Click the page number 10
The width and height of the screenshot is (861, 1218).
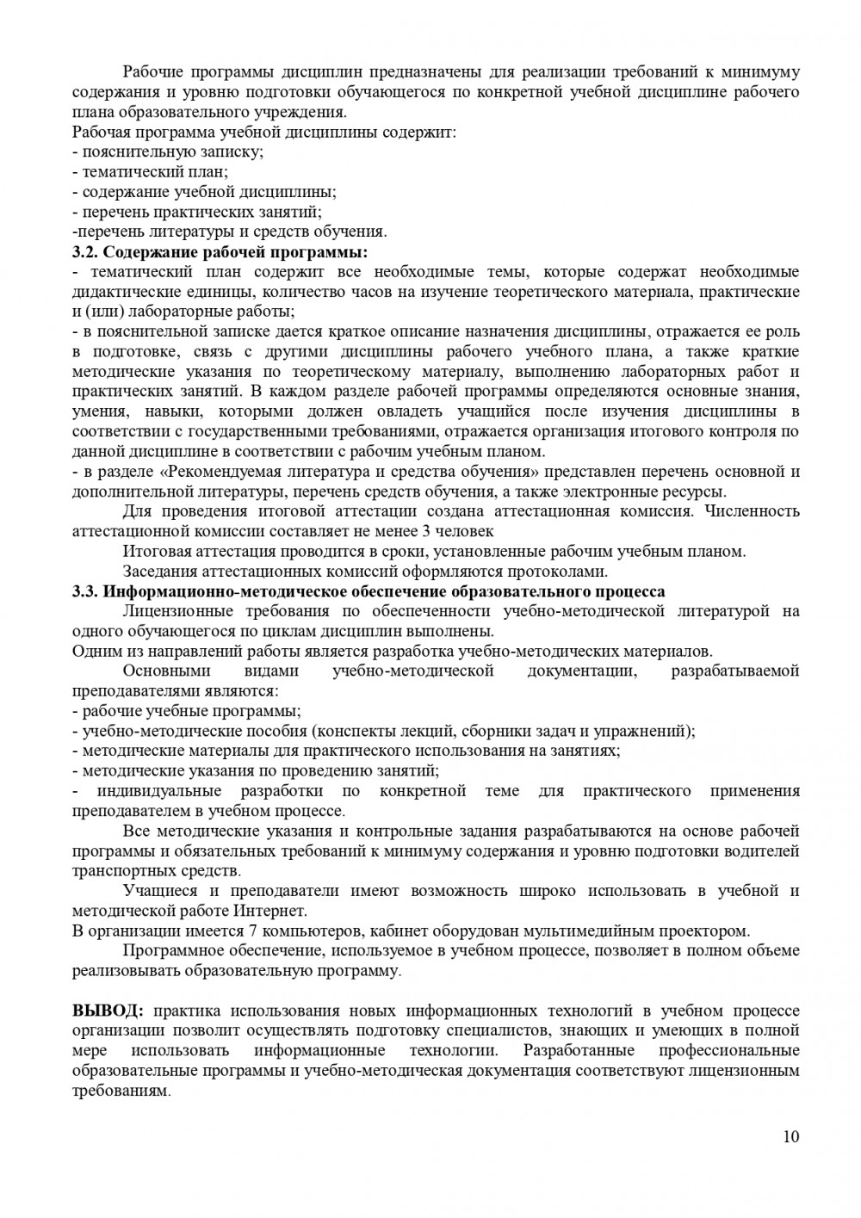[791, 1136]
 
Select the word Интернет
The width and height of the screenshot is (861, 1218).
[269, 911]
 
